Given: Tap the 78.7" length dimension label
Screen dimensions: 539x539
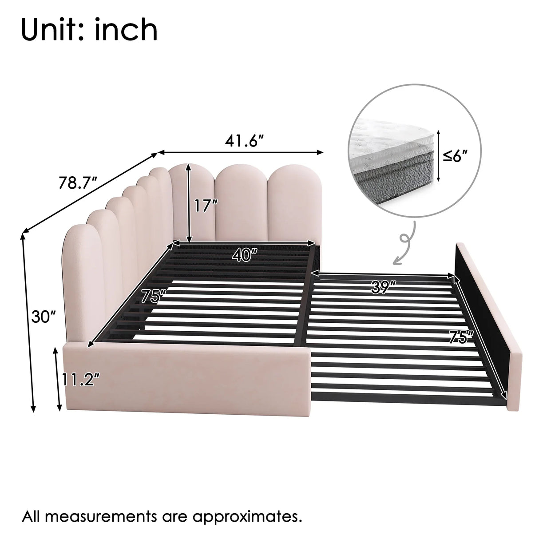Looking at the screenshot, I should point(78,182).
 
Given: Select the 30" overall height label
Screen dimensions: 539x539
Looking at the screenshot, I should point(44,317).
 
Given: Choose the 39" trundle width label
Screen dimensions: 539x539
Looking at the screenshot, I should point(384,289).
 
